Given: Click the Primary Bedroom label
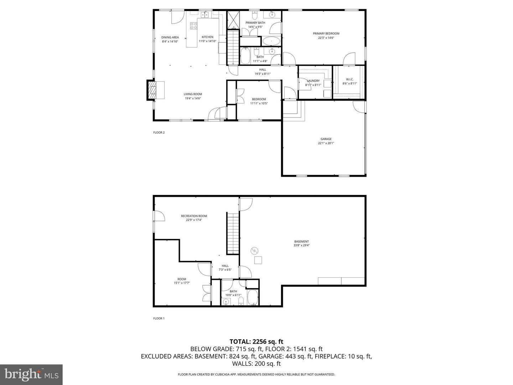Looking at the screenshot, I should click(326, 34).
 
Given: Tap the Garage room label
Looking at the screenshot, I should click(326, 139).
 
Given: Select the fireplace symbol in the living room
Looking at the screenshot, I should click(152, 90).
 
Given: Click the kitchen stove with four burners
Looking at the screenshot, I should click(194, 26).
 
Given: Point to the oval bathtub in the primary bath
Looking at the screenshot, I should click(271, 41).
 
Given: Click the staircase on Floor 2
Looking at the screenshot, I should click(233, 46).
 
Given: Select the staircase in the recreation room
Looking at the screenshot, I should click(233, 233).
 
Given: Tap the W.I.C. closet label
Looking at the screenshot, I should click(349, 79).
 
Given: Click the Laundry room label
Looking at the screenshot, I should click(313, 81).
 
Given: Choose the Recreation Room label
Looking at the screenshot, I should click(194, 216).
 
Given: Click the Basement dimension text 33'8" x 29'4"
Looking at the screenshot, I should click(301, 245).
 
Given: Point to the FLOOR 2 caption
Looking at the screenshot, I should click(159, 133).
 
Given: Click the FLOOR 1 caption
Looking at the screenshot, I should click(159, 319).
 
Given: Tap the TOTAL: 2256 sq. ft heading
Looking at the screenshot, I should click(256, 342).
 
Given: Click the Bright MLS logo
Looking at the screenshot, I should click(31, 374).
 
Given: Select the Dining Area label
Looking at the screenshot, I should click(170, 37).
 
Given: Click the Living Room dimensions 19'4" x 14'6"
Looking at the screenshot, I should click(193, 98).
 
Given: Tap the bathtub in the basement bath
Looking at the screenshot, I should click(253, 298).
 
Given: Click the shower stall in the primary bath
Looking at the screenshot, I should click(233, 20).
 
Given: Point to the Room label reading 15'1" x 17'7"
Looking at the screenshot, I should click(182, 283).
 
